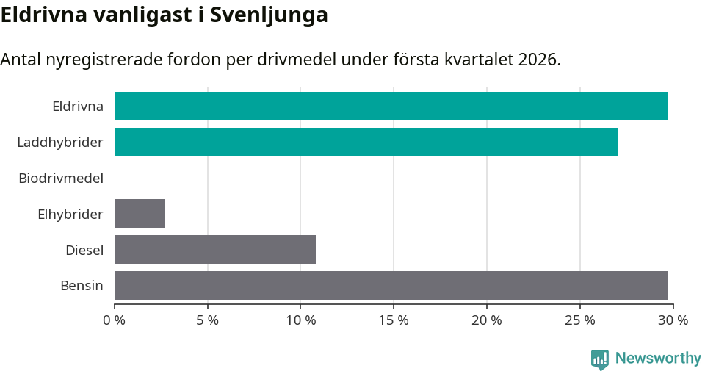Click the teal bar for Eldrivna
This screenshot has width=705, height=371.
391,106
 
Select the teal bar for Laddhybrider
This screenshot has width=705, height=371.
366,142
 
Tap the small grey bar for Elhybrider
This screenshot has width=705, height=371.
140,213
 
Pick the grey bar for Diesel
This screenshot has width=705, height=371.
215,249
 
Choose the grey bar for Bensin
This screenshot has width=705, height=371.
391,285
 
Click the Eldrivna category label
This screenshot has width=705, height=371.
78,106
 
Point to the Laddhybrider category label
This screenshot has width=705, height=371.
60,142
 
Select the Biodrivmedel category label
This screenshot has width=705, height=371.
61,178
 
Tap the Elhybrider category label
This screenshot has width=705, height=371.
70,214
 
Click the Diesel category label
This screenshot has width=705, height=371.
84,250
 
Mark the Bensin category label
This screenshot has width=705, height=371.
82,286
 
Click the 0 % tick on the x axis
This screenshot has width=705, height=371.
114,320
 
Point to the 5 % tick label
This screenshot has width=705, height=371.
208,320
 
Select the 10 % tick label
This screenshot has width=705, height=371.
301,320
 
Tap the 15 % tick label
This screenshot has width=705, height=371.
394,320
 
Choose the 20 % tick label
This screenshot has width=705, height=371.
487,320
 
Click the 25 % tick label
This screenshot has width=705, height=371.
579,320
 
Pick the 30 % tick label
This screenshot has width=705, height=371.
673,320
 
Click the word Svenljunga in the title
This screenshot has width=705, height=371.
269,15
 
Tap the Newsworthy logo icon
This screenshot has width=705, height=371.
600,359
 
